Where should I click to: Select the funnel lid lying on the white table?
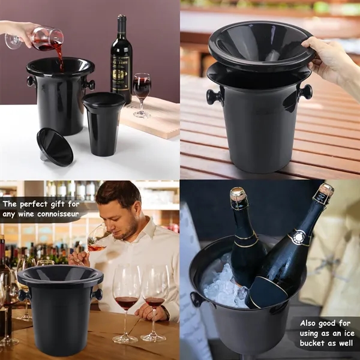[x=55, y=146]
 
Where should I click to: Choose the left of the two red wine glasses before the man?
[x=127, y=291]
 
